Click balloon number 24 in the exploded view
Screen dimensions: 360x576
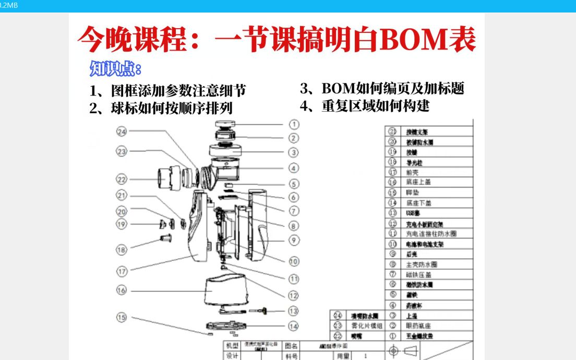pyautogui.click(x=122, y=132)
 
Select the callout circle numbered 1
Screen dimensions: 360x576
pyautogui.click(x=294, y=124)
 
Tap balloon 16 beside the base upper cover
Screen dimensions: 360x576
pyautogui.click(x=122, y=290)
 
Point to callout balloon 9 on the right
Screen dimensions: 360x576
pyautogui.click(x=294, y=241)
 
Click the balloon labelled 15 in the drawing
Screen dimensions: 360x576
pyautogui.click(x=122, y=317)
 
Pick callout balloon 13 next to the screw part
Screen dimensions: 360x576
pyautogui.click(x=294, y=311)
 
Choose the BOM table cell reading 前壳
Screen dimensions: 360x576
pyautogui.click(x=412, y=172)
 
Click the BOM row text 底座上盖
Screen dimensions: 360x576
pyautogui.click(x=418, y=182)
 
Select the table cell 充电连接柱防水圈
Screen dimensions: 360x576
pyautogui.click(x=431, y=234)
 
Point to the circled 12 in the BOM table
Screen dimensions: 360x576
pyautogui.click(x=393, y=223)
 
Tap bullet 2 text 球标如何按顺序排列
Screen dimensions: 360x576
pyautogui.click(x=161, y=108)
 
